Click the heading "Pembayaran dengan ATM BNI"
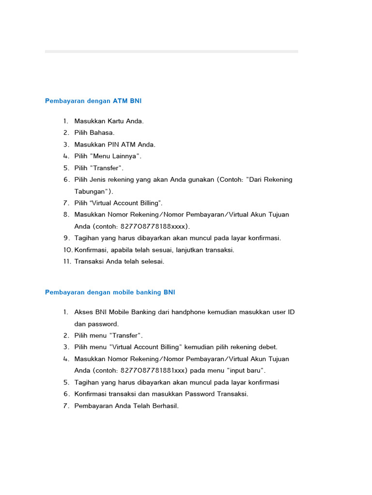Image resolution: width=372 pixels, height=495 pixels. click(93, 101)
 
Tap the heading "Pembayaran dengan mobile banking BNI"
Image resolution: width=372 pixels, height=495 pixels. click(110, 292)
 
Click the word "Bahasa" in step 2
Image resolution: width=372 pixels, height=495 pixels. click(102, 132)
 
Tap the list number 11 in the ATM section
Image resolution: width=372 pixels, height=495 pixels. click(67, 262)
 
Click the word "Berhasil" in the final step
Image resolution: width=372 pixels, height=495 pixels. click(163, 406)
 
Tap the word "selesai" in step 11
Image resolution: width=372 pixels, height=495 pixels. click(151, 262)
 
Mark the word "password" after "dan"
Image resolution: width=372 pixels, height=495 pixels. click(103, 324)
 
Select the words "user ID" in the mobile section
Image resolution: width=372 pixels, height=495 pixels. click(283, 312)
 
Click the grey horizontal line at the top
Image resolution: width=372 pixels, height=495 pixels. click(171, 51)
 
